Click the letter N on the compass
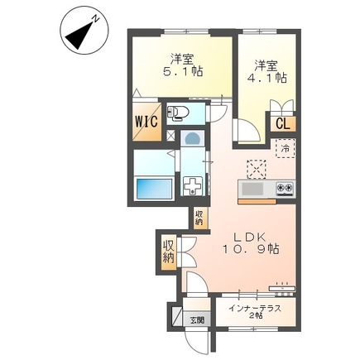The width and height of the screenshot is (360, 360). pyautogui.click(x=96, y=19)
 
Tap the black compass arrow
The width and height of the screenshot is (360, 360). pyautogui.click(x=79, y=36)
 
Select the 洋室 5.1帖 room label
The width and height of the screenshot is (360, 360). pyautogui.click(x=183, y=65)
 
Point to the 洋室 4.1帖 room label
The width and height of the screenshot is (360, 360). pyautogui.click(x=267, y=71)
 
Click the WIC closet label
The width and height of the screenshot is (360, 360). pyautogui.click(x=146, y=121)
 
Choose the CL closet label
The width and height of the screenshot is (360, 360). pyautogui.click(x=283, y=124)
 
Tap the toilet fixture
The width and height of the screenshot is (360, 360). pyautogui.click(x=178, y=113)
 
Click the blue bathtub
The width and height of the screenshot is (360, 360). pyautogui.click(x=154, y=189)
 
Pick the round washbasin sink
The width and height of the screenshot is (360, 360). pyautogui.click(x=192, y=137)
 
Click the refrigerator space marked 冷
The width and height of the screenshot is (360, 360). pyautogui.click(x=286, y=148)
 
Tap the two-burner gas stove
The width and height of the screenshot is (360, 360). pyautogui.click(x=285, y=189)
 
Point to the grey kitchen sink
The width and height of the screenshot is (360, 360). pyautogui.click(x=252, y=189)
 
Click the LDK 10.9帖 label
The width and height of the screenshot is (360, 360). pyautogui.click(x=251, y=243)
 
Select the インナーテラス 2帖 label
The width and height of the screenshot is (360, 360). pyautogui.click(x=255, y=312)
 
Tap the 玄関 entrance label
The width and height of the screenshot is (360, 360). pyautogui.click(x=197, y=320)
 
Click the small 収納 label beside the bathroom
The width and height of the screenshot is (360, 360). pyautogui.click(x=199, y=218)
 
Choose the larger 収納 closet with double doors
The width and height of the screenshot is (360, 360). pyautogui.click(x=168, y=252)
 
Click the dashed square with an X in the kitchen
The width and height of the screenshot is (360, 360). pyautogui.click(x=257, y=169)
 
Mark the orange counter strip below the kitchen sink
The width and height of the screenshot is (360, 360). pyautogui.click(x=257, y=202)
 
